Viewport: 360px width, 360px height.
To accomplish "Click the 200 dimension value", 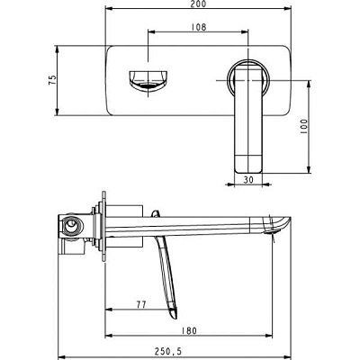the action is pyautogui.click(x=199, y=4).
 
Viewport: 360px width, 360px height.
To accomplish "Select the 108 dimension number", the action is pyautogui.click(x=199, y=27).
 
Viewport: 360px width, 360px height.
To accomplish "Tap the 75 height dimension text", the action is pyautogui.click(x=52, y=80).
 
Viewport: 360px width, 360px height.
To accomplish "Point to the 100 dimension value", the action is pyautogui.click(x=304, y=127).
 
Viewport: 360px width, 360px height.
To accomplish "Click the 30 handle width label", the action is pyautogui.click(x=248, y=180).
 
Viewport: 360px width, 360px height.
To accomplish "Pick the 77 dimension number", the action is pyautogui.click(x=141, y=305).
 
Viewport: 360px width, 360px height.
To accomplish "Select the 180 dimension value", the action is pyautogui.click(x=189, y=331).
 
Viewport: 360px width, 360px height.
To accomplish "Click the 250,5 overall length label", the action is pyautogui.click(x=168, y=351).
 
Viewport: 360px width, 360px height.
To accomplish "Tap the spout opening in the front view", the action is pyautogui.click(x=148, y=80).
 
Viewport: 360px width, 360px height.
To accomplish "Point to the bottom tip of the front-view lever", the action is pyautogui.click(x=248, y=173).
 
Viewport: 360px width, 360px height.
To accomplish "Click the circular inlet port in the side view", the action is pyautogui.click(x=71, y=224).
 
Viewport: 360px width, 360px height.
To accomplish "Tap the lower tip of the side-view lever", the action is pyautogui.click(x=174, y=318).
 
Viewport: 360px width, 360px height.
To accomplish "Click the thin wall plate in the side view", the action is pyautogui.click(x=103, y=227).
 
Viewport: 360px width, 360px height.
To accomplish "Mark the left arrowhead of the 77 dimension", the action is pyautogui.click(x=109, y=310).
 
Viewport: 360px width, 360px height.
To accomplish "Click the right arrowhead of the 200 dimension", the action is pyautogui.click(x=288, y=9).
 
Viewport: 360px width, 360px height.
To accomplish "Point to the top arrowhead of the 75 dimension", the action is pyautogui.click(x=57, y=49).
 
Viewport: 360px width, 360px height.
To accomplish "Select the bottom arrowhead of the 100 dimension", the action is pyautogui.click(x=309, y=169).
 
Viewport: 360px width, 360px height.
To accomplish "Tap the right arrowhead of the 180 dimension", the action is pyautogui.click(x=269, y=336).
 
